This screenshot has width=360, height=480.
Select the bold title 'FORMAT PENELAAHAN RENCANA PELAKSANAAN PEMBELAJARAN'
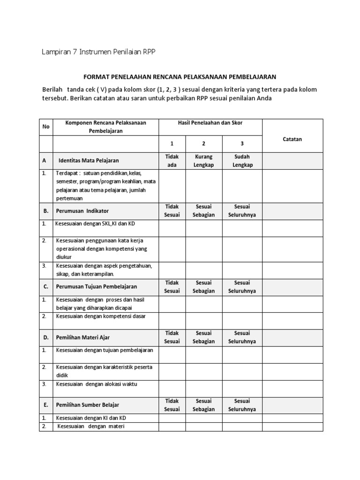click(x=180, y=76)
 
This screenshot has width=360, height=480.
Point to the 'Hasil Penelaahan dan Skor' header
click(x=210, y=123)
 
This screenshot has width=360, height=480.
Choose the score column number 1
click(x=172, y=144)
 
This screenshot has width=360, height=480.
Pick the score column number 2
click(x=203, y=144)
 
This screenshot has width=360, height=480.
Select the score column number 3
click(x=241, y=144)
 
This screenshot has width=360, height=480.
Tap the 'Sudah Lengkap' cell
click(x=241, y=160)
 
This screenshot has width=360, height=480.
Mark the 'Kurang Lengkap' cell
click(x=203, y=160)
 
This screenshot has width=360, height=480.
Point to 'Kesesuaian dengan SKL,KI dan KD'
click(x=95, y=224)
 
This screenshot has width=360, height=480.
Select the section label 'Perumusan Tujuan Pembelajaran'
click(x=97, y=286)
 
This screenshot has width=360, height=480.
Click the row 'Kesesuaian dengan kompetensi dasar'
click(x=101, y=316)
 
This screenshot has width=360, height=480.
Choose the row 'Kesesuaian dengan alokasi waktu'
click(x=97, y=384)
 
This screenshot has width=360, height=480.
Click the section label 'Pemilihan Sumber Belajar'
click(x=88, y=405)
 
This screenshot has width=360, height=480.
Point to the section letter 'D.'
click(x=45, y=337)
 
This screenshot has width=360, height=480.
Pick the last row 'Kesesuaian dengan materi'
click(x=91, y=426)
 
